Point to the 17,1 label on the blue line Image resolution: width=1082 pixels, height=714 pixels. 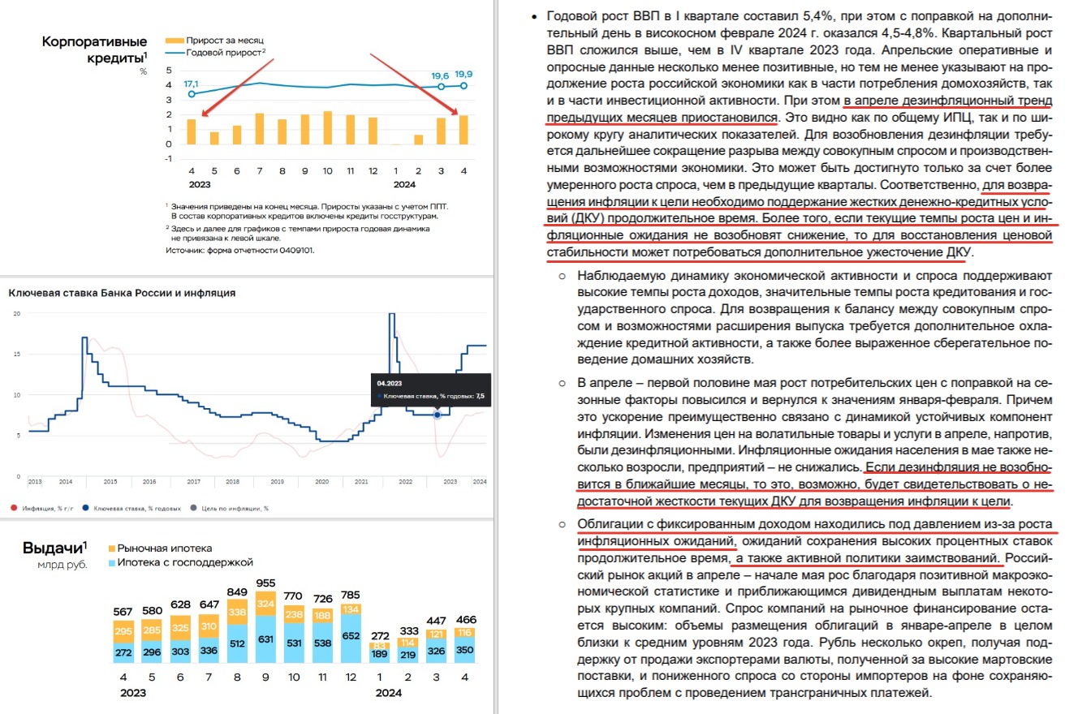tap(192, 84)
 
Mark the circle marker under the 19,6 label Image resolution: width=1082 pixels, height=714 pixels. tap(441, 86)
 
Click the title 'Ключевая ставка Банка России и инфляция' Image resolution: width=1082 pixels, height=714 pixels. tap(123, 293)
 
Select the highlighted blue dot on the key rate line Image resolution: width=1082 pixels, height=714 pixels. tap(438, 415)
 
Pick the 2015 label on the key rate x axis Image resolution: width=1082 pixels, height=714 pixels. tap(110, 482)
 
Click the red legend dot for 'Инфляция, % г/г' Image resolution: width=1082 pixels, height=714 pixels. tap(14, 509)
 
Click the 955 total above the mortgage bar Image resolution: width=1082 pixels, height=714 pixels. tap(265, 583)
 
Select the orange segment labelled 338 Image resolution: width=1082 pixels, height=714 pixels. tap(239, 611)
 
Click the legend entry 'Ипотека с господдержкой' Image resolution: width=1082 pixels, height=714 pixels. tap(185, 562)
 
